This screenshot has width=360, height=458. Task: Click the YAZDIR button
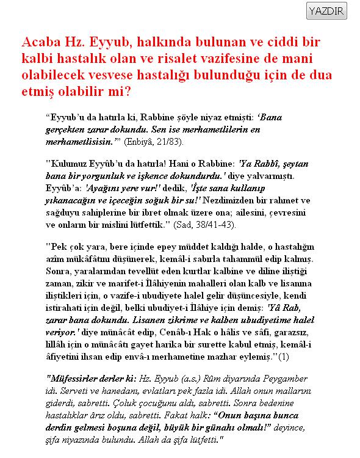coord(326,11)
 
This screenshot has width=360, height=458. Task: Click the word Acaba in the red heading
coord(42,43)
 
